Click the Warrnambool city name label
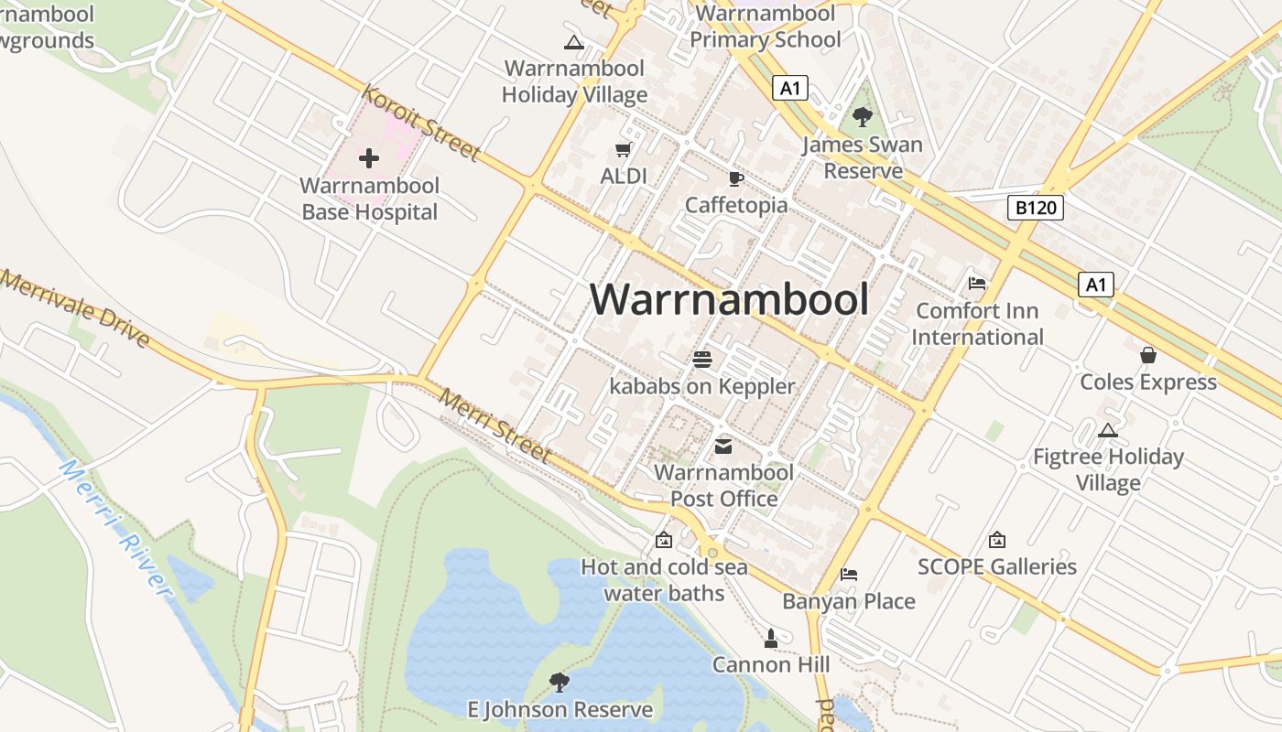click(729, 299)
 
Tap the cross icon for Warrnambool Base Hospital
click(369, 158)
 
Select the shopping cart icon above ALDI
click(624, 149)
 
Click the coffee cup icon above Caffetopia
click(735, 178)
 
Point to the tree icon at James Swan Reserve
click(862, 116)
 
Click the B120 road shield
click(1036, 208)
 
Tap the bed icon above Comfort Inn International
click(977, 284)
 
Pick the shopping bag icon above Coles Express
click(1148, 355)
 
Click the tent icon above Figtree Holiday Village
click(1108, 430)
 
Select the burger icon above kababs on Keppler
click(702, 360)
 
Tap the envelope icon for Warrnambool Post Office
click(723, 447)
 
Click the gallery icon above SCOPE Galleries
click(997, 540)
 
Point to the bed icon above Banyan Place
click(849, 575)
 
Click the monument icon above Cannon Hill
click(771, 637)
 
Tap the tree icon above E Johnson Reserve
click(560, 682)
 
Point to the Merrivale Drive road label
click(75, 309)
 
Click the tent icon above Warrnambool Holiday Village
click(574, 41)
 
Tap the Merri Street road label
click(495, 426)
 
